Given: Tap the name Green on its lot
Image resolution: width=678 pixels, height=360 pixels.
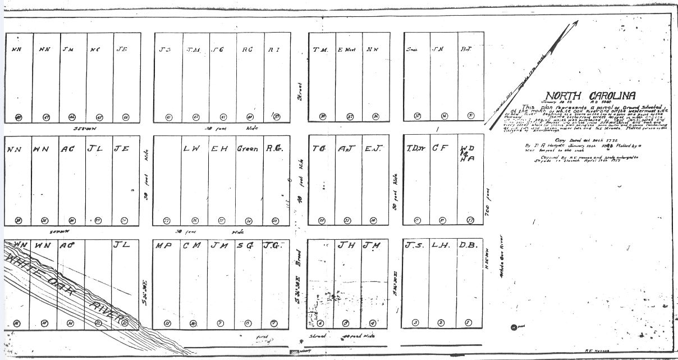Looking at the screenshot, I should [x=248, y=149].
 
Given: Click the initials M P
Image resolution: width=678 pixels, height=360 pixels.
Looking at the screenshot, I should [x=164, y=245].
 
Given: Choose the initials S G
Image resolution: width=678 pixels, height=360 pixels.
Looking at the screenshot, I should [x=245, y=245].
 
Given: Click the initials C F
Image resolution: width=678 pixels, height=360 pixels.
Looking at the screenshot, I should [x=439, y=148].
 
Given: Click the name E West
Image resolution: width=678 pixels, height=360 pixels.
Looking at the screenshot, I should [x=346, y=49].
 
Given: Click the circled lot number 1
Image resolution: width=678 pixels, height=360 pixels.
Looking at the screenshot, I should [x=468, y=322].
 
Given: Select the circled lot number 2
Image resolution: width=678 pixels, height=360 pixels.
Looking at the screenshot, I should [x=441, y=322].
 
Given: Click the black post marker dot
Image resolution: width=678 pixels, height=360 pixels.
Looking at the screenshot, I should [x=514, y=327].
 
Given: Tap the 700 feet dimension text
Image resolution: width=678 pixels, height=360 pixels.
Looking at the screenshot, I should [x=488, y=212].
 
